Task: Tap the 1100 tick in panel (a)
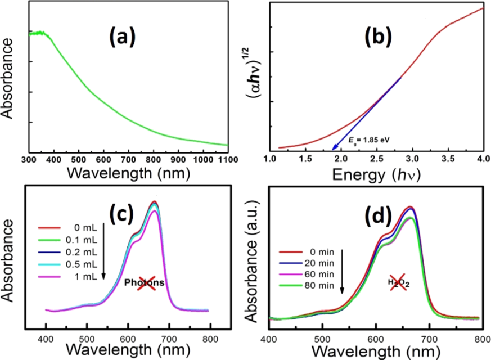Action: (227, 159)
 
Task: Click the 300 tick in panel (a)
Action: (29, 159)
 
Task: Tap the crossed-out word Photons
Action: (145, 283)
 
